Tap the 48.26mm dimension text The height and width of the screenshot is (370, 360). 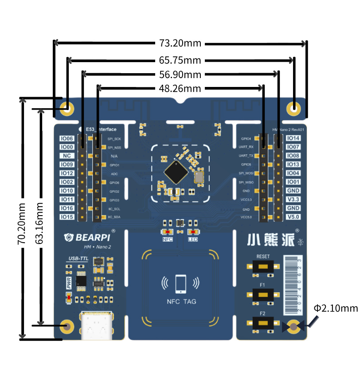[x=180, y=88]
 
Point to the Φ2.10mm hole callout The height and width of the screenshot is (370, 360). [x=335, y=308]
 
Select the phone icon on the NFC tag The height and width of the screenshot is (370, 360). [x=180, y=284]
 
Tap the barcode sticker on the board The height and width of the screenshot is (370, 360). [x=292, y=284]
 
